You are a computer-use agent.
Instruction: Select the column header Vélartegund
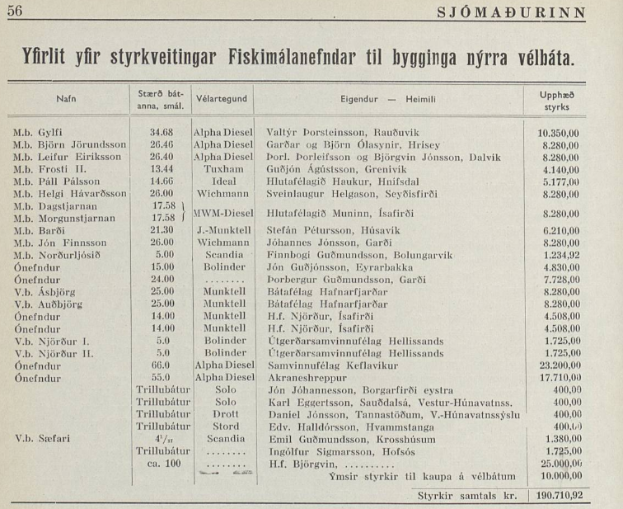[x=222, y=98]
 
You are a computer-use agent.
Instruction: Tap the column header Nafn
[x=66, y=98]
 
